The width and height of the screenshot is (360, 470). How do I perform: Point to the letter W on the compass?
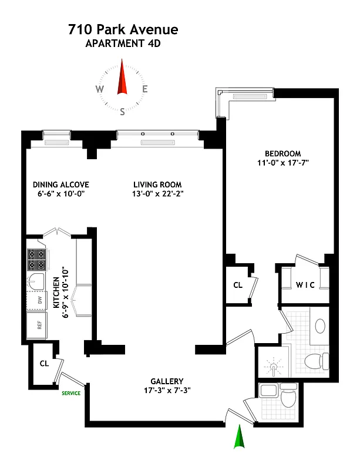point(100,89)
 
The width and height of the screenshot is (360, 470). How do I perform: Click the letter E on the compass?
point(144,89)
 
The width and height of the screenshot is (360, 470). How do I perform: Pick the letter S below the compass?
point(123,111)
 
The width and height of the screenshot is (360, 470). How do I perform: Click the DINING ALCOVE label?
point(61,184)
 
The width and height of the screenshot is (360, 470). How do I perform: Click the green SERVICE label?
point(71,393)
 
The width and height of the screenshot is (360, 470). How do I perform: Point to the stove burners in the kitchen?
point(33,259)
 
